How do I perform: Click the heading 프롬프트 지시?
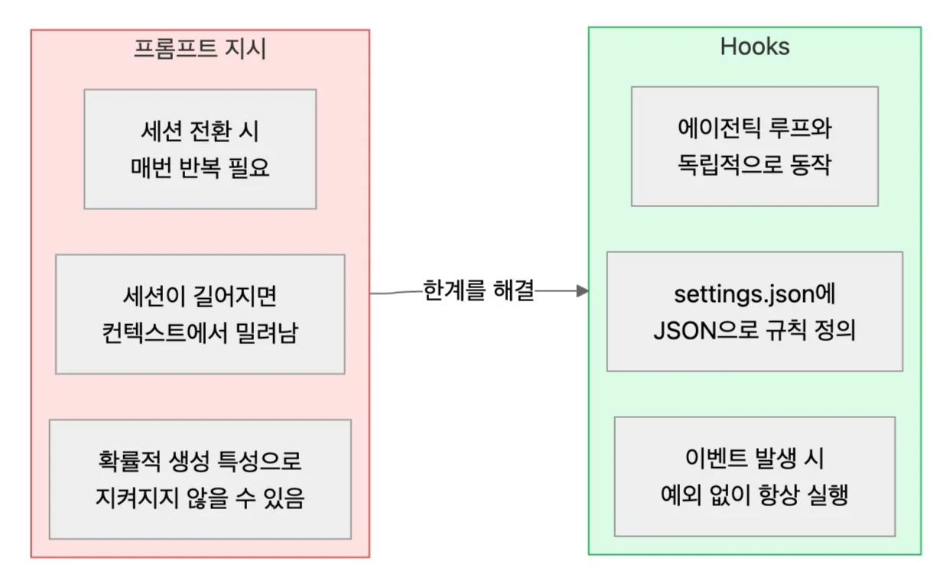pyautogui.click(x=200, y=49)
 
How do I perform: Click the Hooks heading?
pyautogui.click(x=754, y=47)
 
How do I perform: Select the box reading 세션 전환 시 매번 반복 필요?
pyautogui.click(x=200, y=149)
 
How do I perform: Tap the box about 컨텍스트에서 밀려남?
pyautogui.click(x=200, y=314)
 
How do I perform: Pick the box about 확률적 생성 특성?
pyautogui.click(x=200, y=479)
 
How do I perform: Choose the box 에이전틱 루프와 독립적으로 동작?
pyautogui.click(x=754, y=147)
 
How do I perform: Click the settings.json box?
pyautogui.click(x=754, y=312)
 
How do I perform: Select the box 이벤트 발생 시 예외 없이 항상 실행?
pyautogui.click(x=754, y=476)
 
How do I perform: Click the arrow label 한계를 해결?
pyautogui.click(x=479, y=291)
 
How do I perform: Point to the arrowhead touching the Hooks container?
pyautogui.click(x=583, y=291)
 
